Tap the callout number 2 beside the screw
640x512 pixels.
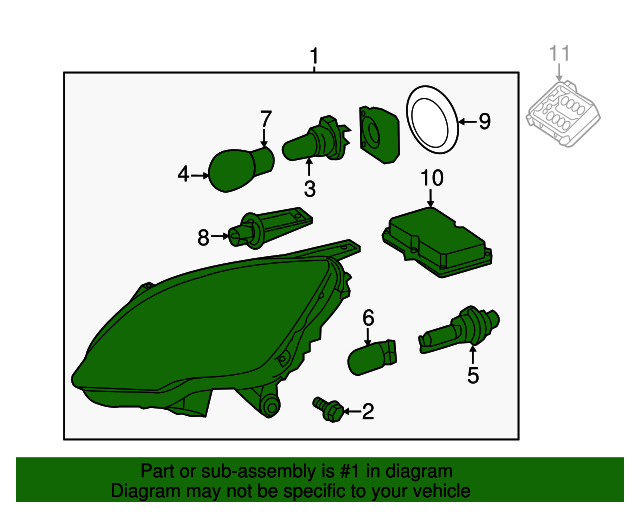(367, 410)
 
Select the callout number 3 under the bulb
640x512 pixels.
(310, 189)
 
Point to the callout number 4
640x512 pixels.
(183, 175)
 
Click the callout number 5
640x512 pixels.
(473, 376)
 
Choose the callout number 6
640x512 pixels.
(368, 317)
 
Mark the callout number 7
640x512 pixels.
(266, 120)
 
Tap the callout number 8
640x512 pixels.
(203, 237)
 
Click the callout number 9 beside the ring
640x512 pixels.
(484, 122)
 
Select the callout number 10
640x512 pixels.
(431, 179)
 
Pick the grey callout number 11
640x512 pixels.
(560, 53)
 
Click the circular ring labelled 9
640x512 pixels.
(430, 119)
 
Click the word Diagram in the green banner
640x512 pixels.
(142, 491)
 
